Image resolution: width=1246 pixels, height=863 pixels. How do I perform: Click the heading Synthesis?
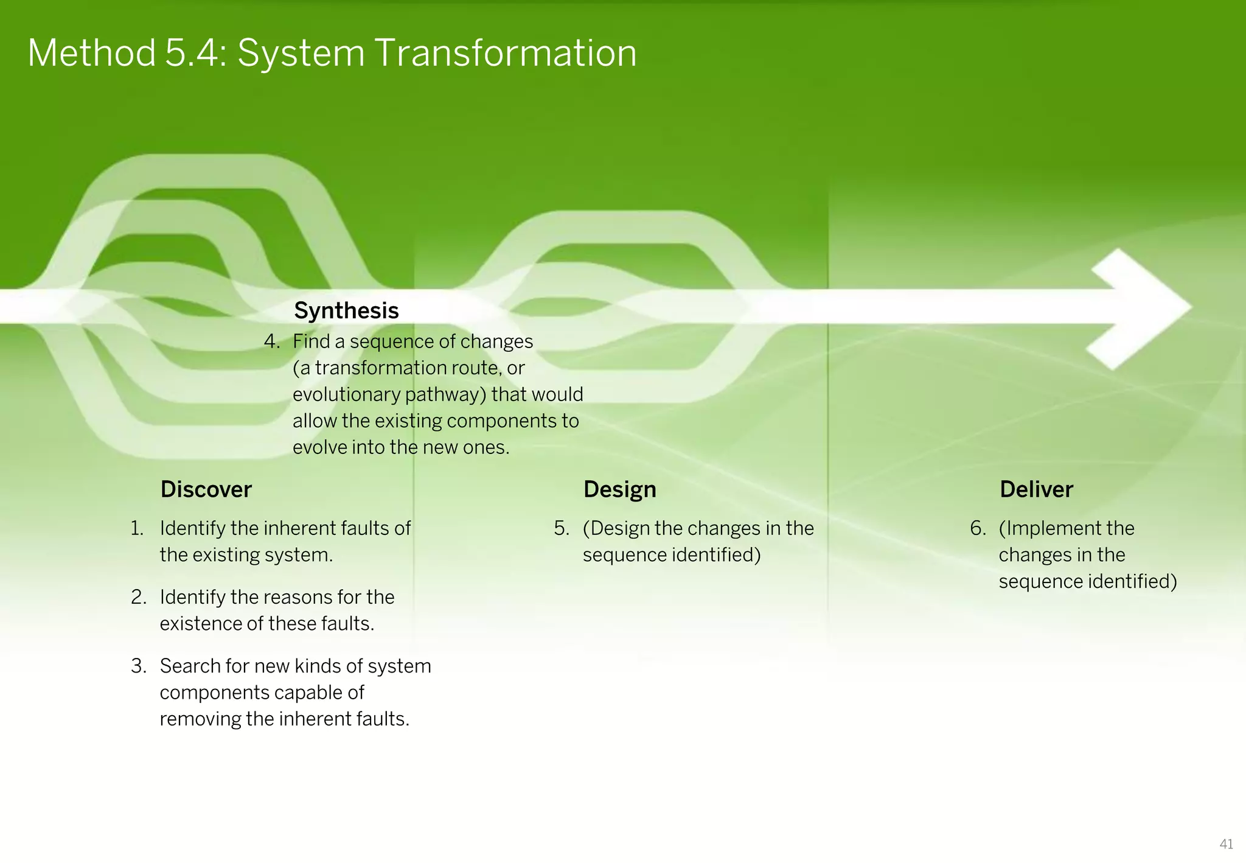click(x=346, y=311)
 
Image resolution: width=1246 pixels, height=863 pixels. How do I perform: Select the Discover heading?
click(x=206, y=490)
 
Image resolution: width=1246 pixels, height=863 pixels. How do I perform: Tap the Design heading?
click(x=619, y=490)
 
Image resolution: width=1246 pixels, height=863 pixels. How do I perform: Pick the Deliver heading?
click(x=1036, y=490)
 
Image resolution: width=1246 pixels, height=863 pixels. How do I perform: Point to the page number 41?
click(x=1226, y=844)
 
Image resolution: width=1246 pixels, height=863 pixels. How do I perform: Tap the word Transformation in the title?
click(x=506, y=54)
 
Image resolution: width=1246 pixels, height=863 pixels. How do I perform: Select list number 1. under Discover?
click(x=137, y=528)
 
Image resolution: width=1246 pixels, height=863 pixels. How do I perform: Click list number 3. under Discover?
click(x=139, y=666)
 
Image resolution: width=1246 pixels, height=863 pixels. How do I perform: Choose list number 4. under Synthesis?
click(x=272, y=341)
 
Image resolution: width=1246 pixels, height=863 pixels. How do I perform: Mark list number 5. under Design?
click(x=562, y=528)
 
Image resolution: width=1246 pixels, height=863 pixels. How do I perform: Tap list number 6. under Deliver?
click(x=978, y=528)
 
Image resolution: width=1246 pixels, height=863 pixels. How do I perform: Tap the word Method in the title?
click(x=92, y=54)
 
